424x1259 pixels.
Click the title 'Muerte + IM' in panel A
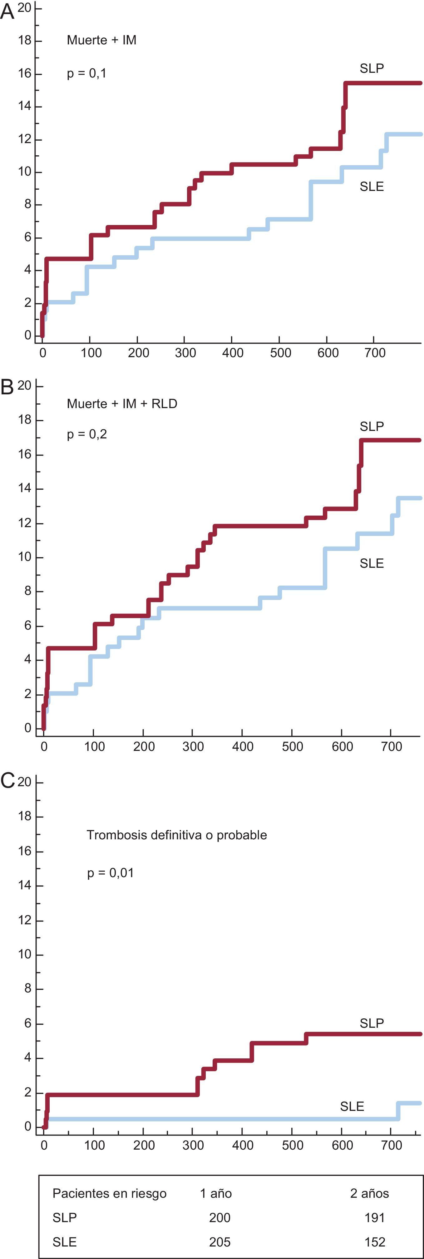pos(101,40)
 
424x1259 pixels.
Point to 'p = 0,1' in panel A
pos(86,73)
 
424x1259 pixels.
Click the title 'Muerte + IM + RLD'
pos(122,404)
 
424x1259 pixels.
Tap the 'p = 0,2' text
pos(87,434)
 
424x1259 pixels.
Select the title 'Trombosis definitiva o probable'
pos(177,835)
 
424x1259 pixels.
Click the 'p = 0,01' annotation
pos(111,873)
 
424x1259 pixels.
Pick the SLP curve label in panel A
pos(372,68)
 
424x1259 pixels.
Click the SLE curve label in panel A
pos(372,187)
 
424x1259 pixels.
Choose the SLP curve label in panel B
pos(372,427)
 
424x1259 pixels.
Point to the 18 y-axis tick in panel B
pos(24,420)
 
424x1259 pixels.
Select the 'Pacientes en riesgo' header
pos(109,1193)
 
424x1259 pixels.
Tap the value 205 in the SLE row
pos(220,1242)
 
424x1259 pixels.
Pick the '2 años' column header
pos(369,1193)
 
